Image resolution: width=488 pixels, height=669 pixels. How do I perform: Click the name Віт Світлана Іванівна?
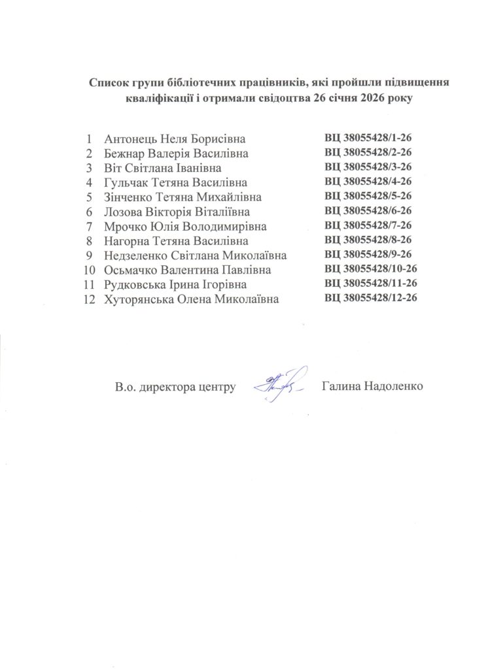click(167, 168)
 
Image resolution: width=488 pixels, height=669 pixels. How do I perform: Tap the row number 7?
click(88, 226)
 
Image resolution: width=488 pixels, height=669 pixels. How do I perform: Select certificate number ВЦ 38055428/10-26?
click(370, 269)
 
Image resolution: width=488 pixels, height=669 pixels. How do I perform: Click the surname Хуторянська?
click(139, 299)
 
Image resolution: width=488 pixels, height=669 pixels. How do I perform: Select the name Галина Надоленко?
click(373, 386)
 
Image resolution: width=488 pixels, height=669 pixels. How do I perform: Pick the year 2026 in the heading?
click(370, 99)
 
